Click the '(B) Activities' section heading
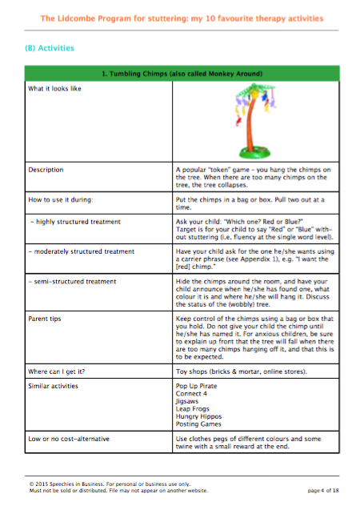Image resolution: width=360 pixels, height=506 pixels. pos(50,48)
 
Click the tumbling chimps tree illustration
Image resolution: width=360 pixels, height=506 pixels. pos(258,121)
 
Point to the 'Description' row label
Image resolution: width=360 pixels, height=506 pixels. pos(46,171)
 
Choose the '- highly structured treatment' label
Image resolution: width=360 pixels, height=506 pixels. pos(74,220)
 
